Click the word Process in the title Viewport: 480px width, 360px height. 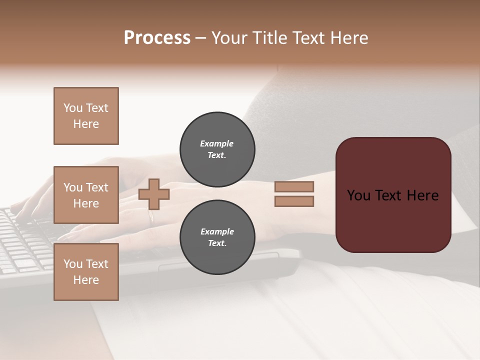coord(157,38)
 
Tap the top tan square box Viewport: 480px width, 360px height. coord(86,116)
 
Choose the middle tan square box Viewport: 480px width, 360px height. coord(86,195)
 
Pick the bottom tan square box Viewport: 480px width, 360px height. coord(86,272)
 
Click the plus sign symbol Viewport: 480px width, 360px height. coord(154,194)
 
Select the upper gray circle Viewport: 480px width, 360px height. coord(217,149)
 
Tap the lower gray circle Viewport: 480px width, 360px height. coord(217,237)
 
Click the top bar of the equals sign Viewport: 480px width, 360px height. coord(294,187)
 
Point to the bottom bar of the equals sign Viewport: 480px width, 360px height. coord(294,201)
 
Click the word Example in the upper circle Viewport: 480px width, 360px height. coord(217,143)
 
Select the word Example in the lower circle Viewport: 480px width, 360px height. coord(217,231)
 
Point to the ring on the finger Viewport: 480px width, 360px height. coord(151,217)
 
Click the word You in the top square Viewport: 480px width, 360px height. coord(73,108)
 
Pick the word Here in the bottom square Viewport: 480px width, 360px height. coord(86,280)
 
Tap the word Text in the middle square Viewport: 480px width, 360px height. coord(96,187)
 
